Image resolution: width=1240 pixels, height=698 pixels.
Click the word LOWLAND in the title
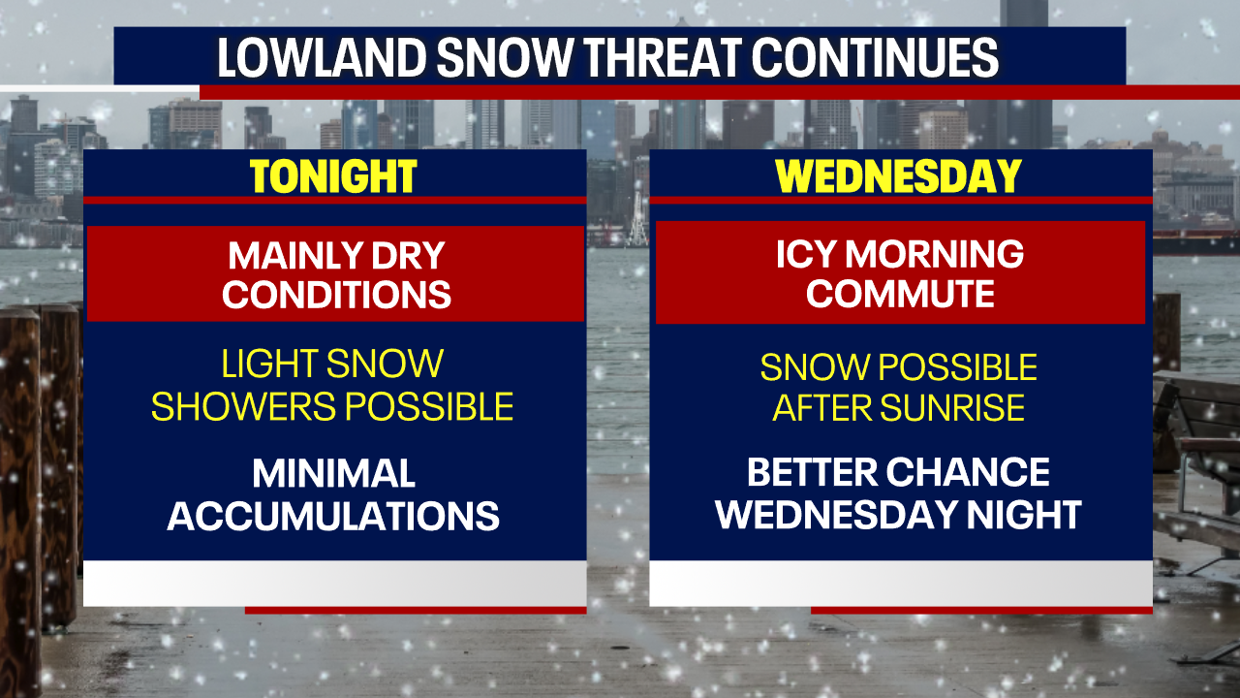coord(319,59)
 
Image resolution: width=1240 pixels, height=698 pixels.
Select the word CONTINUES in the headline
coord(876,59)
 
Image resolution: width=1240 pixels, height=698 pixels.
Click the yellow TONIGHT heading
coord(333,176)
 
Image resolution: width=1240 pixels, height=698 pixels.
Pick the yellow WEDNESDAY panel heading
coord(899,176)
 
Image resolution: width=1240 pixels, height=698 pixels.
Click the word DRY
coord(407,256)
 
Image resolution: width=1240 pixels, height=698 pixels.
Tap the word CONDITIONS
coord(336,294)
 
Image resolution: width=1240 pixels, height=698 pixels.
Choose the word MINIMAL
coord(333,474)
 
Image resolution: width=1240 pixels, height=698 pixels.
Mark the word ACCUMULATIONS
coord(333,516)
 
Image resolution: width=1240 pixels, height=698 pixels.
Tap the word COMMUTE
coord(900,294)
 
